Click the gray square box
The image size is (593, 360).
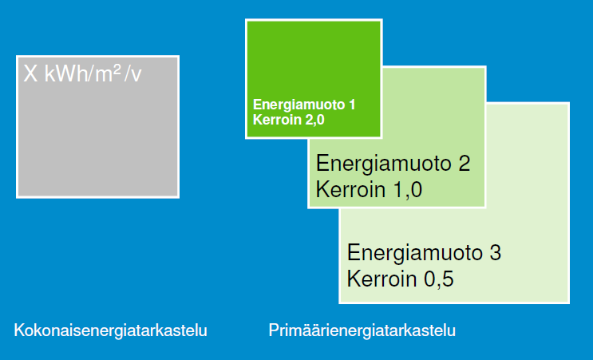[x=98, y=127]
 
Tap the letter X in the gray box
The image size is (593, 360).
[x=30, y=73]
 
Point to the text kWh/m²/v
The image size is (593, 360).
[x=93, y=73]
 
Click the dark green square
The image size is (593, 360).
[x=314, y=79]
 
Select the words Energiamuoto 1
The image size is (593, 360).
[x=304, y=105]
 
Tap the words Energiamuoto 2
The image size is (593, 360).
[x=393, y=164]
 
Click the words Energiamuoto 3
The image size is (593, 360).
[x=424, y=252]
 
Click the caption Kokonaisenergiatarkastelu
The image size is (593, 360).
[x=110, y=330]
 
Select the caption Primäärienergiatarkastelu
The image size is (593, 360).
[x=362, y=330]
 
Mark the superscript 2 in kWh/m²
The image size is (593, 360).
[x=117, y=69]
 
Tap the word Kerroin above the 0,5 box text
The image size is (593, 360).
[x=383, y=279]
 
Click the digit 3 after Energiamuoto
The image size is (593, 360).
[x=496, y=252]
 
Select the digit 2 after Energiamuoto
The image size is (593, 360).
[x=465, y=164]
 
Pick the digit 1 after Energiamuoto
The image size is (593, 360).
[x=352, y=105]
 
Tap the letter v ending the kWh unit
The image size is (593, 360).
[x=137, y=75]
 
